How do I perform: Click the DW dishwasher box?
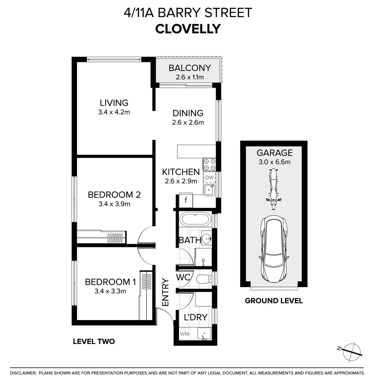pyautogui.click(x=209, y=177)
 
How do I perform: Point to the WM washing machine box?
pyautogui.click(x=185, y=334)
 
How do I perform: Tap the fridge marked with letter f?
pyautogui.click(x=186, y=200)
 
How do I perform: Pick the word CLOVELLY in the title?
pyautogui.click(x=188, y=29)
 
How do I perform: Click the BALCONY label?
pyautogui.click(x=190, y=68)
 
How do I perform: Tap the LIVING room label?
pyautogui.click(x=114, y=103)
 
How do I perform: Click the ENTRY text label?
pyautogui.click(x=165, y=292)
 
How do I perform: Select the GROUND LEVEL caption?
pyautogui.click(x=274, y=301)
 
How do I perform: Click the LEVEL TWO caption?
pyautogui.click(x=94, y=342)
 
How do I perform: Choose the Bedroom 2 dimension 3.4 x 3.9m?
pyautogui.click(x=114, y=204)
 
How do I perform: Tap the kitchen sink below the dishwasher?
pyautogui.click(x=209, y=190)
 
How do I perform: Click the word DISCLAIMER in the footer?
pyautogui.click(x=23, y=373)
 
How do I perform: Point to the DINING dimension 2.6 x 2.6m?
pyautogui.click(x=188, y=123)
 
